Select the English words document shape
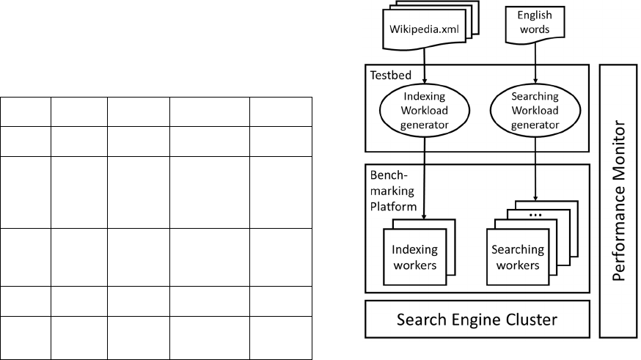pyautogui.click(x=535, y=23)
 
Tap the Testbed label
pyautogui.click(x=386, y=75)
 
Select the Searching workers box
pyautogui.click(x=518, y=257)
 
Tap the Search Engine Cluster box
pyautogui.click(x=477, y=320)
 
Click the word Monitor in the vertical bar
pyautogui.click(x=620, y=158)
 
